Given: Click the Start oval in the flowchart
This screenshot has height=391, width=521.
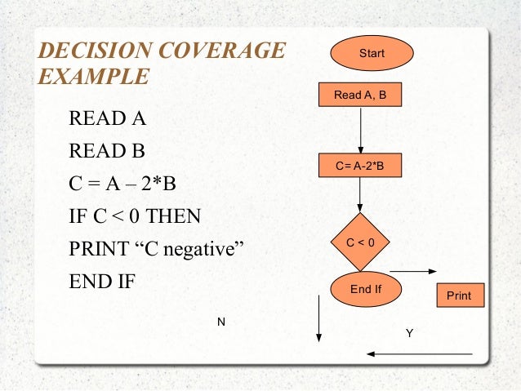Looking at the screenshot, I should (x=372, y=54).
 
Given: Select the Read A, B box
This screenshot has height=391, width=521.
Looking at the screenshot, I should (x=360, y=96).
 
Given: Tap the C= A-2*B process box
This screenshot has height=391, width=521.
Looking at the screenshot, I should (x=360, y=167).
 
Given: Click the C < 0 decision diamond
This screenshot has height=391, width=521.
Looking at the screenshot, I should (x=360, y=242).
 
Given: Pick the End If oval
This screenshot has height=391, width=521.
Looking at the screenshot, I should (x=365, y=288).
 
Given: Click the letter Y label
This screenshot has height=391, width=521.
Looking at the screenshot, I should (x=409, y=333).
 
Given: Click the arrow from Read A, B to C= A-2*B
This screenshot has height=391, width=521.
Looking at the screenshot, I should (x=360, y=131).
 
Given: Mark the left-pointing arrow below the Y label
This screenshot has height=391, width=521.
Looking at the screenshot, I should (x=420, y=354).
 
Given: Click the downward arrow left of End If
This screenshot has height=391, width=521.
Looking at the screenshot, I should (x=318, y=318).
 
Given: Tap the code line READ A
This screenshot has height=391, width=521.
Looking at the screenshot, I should (x=107, y=119).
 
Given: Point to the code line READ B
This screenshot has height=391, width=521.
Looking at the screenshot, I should (x=107, y=152).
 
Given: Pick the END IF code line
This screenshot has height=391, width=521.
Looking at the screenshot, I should (x=102, y=282).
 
